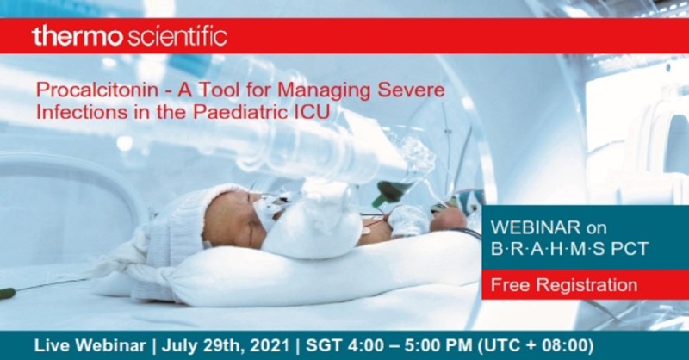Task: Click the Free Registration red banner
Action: [x=564, y=284]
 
